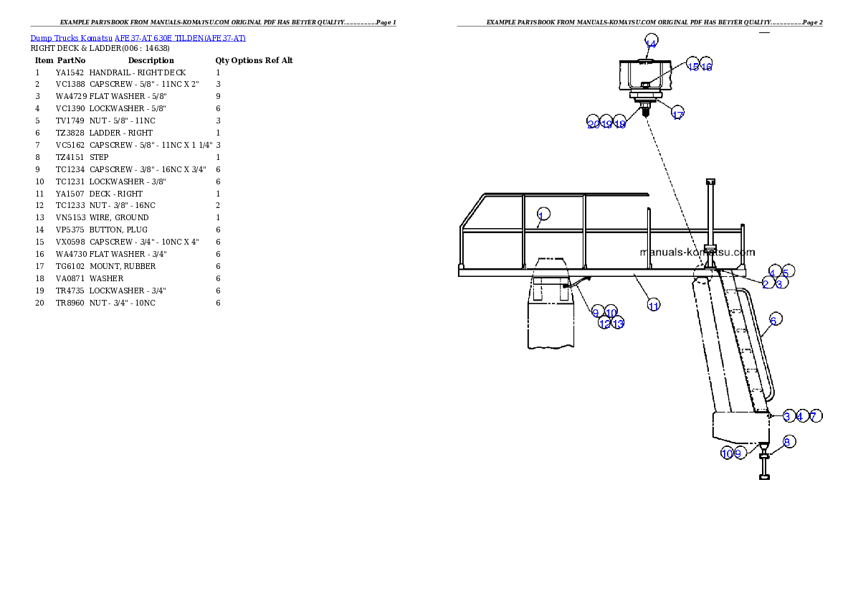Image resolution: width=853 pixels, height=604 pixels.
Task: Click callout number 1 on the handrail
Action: [543, 214]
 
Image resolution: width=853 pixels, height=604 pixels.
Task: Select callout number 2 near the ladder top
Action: [766, 284]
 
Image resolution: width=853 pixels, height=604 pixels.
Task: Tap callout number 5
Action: [786, 272]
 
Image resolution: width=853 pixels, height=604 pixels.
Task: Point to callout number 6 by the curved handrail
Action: [773, 320]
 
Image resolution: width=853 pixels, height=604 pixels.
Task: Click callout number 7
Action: [814, 416]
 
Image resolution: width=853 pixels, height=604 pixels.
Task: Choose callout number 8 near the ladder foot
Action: [786, 443]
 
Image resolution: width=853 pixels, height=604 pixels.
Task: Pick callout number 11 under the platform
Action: [653, 306]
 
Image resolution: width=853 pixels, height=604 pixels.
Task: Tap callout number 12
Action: [604, 324]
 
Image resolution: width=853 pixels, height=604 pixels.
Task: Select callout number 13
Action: [618, 324]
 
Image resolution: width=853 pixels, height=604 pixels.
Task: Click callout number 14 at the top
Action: [651, 43]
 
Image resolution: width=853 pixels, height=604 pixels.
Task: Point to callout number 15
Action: [692, 66]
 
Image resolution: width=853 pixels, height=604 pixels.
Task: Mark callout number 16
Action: [706, 66]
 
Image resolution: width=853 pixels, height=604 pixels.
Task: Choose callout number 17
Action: [677, 115]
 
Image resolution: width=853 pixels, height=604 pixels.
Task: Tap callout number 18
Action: [620, 124]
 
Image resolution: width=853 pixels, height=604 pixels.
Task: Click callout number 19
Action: [606, 124]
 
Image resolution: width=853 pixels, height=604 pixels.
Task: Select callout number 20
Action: [593, 124]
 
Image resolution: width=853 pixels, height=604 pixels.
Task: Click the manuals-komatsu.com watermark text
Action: [697, 252]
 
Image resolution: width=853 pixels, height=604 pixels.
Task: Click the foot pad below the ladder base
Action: [764, 477]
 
